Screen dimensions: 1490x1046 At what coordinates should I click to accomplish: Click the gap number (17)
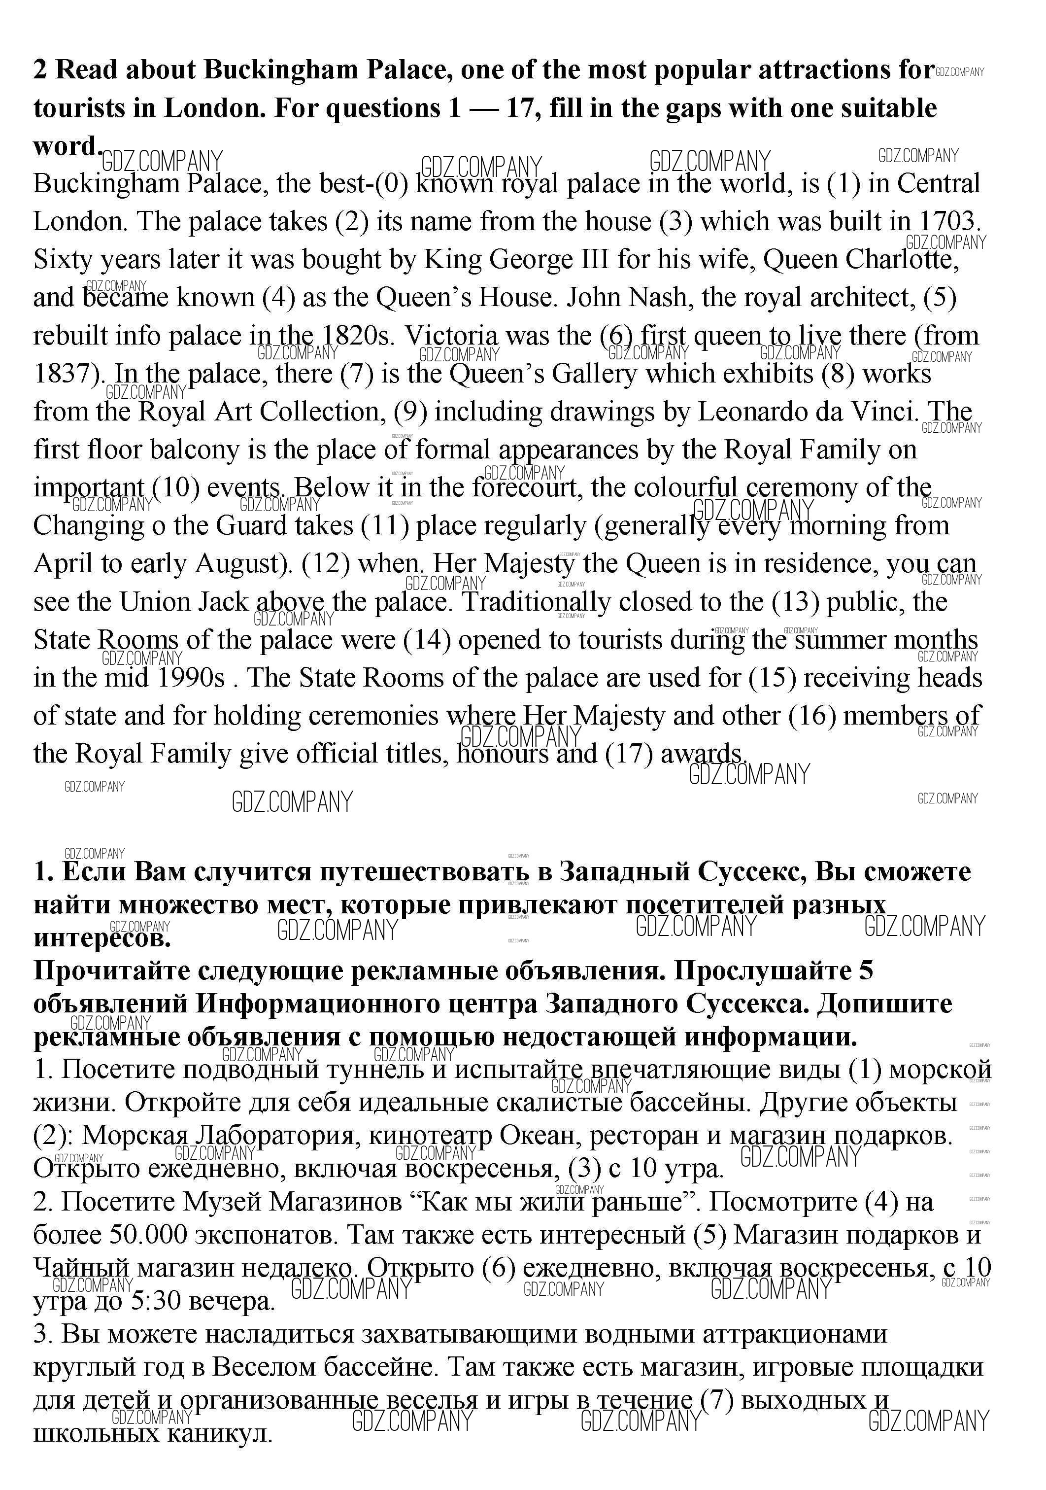click(629, 754)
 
